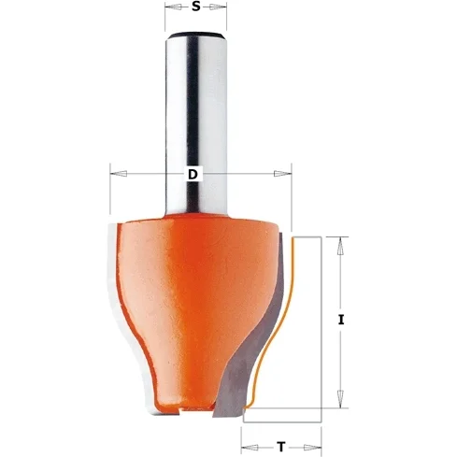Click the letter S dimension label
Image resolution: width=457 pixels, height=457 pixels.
pyautogui.click(x=195, y=7)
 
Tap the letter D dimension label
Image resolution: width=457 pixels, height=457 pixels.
pyautogui.click(x=193, y=174)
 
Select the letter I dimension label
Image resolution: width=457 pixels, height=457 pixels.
pyautogui.click(x=341, y=320)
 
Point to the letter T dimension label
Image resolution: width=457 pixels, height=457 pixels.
pyautogui.click(x=281, y=447)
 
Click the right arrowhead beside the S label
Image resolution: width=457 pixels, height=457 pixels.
pyautogui.click(x=218, y=7)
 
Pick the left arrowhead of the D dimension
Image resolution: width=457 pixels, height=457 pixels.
pyautogui.click(x=119, y=174)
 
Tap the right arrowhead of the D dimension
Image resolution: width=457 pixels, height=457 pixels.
pyautogui.click(x=283, y=174)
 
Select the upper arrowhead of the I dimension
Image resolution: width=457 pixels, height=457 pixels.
pyautogui.click(x=341, y=247)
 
